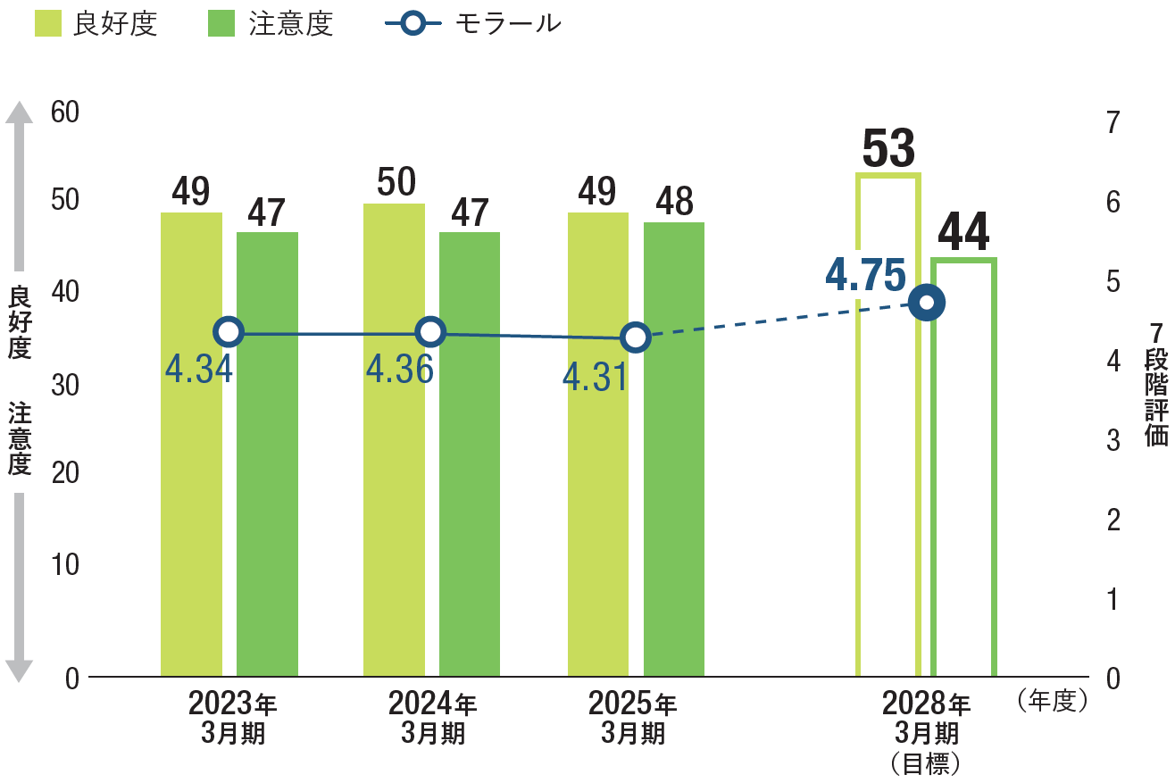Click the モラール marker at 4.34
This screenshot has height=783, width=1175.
click(x=229, y=332)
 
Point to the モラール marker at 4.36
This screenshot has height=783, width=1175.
click(x=430, y=332)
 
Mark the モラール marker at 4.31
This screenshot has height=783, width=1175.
click(x=635, y=337)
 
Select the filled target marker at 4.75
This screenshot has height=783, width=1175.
click(x=927, y=303)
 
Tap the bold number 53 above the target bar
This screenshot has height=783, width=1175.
click(x=889, y=149)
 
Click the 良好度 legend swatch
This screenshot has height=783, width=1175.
click(x=47, y=23)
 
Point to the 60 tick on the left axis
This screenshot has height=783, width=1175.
click(x=65, y=112)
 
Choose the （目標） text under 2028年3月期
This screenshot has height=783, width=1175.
click(x=926, y=763)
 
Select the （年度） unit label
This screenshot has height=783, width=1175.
click(x=1053, y=701)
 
